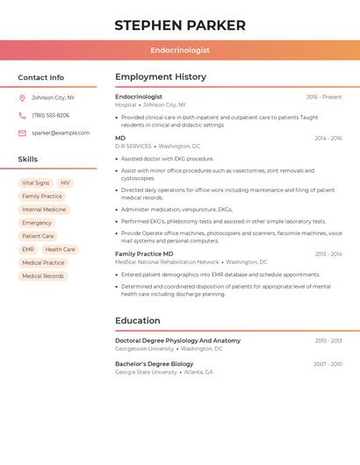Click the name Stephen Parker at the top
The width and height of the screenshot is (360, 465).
(x=180, y=25)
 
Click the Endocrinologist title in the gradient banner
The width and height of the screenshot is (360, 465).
(x=180, y=50)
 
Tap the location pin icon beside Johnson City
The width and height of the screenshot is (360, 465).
(x=22, y=97)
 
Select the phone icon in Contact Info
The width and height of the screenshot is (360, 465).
(x=22, y=115)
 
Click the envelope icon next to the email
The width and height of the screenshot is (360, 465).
(x=22, y=133)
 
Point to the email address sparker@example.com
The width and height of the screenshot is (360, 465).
(x=61, y=133)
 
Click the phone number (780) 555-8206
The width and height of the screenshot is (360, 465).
(x=50, y=115)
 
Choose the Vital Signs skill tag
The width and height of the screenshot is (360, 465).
(x=36, y=183)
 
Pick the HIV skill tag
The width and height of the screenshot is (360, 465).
(x=66, y=183)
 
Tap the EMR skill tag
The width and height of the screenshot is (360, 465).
(x=28, y=249)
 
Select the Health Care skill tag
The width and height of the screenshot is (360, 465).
(x=60, y=249)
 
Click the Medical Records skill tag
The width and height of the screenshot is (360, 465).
(x=43, y=275)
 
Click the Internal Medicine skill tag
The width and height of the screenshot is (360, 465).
(x=44, y=210)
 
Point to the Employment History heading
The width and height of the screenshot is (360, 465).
(x=161, y=77)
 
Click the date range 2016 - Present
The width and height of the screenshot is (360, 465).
(x=324, y=97)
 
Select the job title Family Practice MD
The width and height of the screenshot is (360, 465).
(x=144, y=254)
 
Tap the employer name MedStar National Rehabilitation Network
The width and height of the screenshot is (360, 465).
(x=167, y=262)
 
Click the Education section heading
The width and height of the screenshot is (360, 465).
(x=138, y=321)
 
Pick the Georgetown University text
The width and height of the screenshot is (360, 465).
(x=145, y=348)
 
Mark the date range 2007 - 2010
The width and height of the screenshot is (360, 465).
(x=328, y=364)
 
